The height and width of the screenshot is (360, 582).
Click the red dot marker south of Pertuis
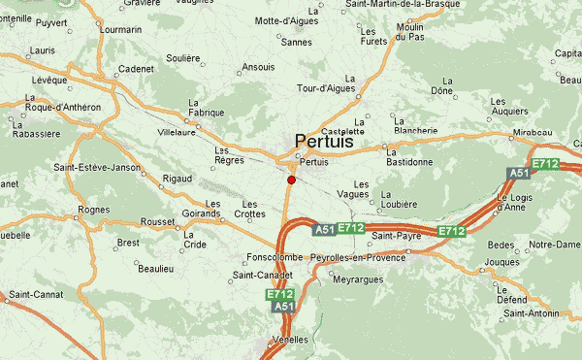(x=291, y=180)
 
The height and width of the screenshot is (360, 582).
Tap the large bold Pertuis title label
(x=324, y=142)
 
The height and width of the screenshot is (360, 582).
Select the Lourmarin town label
(x=120, y=29)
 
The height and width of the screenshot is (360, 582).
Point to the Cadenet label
(x=136, y=69)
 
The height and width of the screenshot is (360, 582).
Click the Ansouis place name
(x=258, y=68)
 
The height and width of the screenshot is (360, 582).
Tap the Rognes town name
(x=94, y=209)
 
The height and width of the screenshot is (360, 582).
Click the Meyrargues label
(x=358, y=279)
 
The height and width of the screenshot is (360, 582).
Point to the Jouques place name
(x=501, y=262)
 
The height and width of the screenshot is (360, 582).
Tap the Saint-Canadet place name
(x=262, y=276)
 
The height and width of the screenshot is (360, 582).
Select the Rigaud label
(x=178, y=179)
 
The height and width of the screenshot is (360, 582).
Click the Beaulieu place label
(x=154, y=268)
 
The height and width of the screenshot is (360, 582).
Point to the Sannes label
(x=296, y=43)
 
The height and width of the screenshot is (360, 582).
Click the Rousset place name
(x=157, y=221)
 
